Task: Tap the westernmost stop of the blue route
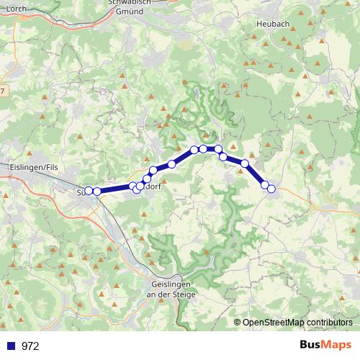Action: [x=89, y=191]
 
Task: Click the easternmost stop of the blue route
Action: [x=271, y=189]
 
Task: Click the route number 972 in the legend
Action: [x=30, y=346]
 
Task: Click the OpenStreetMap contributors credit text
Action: [x=297, y=323]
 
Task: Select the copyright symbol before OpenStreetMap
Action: [x=238, y=323]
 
